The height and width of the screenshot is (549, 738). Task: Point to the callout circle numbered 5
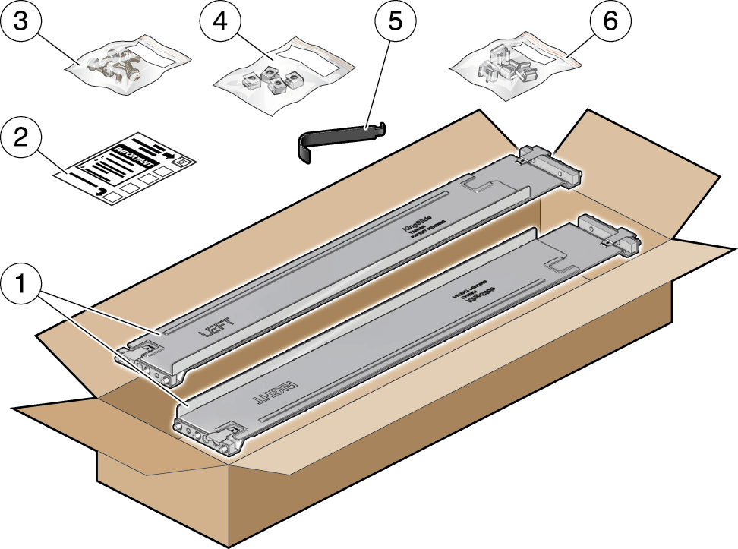click(393, 23)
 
